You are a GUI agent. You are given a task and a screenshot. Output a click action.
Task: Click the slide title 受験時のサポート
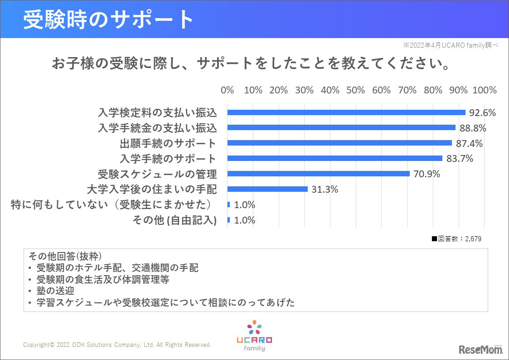tap(109, 19)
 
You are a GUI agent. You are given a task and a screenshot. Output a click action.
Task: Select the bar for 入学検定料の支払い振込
tap(346, 112)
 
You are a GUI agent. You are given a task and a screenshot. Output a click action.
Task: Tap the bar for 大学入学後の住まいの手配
tap(267, 189)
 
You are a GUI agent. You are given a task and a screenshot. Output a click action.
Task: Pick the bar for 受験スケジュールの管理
tap(318, 174)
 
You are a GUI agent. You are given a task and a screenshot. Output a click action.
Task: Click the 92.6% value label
tap(483, 112)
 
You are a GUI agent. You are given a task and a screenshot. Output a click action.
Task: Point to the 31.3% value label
tap(325, 190)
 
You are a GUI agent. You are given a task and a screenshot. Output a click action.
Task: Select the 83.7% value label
tap(460, 159)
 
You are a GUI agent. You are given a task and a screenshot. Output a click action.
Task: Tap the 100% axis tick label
tap(485, 90)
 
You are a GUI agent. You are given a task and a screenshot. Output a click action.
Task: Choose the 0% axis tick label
tap(227, 90)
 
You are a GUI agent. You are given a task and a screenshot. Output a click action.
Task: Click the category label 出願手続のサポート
tap(168, 143)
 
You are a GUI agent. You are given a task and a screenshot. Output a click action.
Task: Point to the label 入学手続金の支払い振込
tap(157, 128)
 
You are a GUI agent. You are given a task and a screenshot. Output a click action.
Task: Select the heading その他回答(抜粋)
tap(68, 256)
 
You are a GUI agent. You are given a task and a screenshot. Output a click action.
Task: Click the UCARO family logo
tap(254, 336)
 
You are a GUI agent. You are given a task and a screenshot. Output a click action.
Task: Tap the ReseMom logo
tap(480, 349)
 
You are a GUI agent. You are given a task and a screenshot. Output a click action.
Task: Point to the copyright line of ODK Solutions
tap(117, 345)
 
